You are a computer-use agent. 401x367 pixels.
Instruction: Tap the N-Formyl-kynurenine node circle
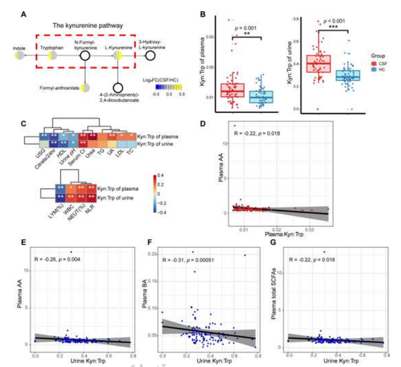pos(84,56)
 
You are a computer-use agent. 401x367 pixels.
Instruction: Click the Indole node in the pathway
pos(19,56)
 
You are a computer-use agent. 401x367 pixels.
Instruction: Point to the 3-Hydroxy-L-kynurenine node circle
pos(150,56)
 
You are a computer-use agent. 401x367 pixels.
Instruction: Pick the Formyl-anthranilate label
pos(60,88)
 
